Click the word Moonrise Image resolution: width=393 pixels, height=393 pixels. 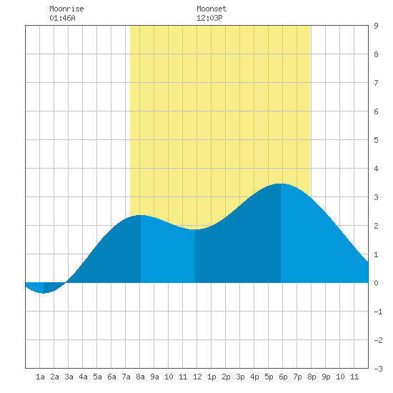(66, 9)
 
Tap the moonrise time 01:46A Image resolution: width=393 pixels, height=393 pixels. (62, 18)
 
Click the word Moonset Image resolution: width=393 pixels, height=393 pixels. (212, 9)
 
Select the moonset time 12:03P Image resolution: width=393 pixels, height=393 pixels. (209, 18)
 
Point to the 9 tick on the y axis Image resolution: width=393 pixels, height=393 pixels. (376, 26)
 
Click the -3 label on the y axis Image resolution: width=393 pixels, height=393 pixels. (378, 369)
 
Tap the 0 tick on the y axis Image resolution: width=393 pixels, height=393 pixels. (376, 283)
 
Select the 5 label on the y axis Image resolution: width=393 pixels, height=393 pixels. (376, 140)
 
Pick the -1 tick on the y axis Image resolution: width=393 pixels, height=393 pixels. (378, 312)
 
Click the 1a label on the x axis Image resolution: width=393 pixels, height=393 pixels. (40, 377)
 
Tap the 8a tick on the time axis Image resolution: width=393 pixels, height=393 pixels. (140, 377)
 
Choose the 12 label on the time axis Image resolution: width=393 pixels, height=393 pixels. (197, 377)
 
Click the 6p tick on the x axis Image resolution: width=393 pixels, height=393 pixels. (283, 377)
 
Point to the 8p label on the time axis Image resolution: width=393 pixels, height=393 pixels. (312, 377)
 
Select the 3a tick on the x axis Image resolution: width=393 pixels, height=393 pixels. (69, 377)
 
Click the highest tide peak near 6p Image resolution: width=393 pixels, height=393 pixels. (281, 184)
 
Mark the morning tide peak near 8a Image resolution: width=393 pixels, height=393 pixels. (141, 215)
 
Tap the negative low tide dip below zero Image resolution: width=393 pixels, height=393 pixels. (44, 293)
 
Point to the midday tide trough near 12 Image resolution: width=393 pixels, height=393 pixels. (195, 229)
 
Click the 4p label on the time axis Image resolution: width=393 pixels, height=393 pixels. (254, 377)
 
